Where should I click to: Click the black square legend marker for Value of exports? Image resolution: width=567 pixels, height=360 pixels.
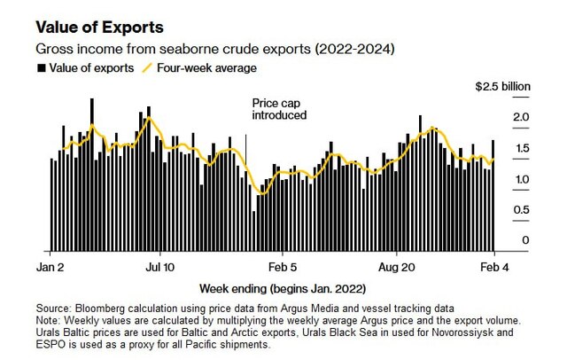pyautogui.click(x=41, y=67)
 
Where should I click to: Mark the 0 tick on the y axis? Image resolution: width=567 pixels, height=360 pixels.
pyautogui.click(x=524, y=240)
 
